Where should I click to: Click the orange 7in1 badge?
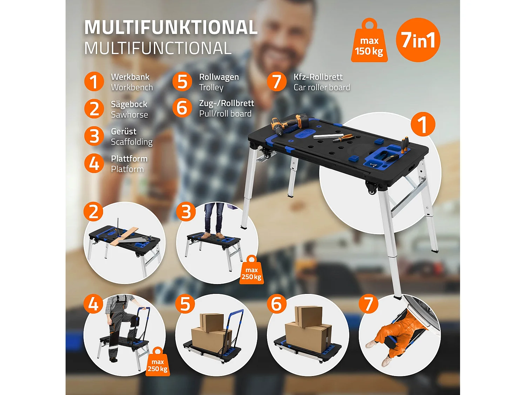click(418, 40)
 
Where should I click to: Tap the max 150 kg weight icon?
click(369, 44)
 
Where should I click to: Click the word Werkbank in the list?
click(130, 77)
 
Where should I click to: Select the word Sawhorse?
click(129, 115)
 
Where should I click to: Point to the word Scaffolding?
click(131, 142)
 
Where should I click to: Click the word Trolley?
click(211, 87)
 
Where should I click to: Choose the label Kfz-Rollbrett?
click(318, 77)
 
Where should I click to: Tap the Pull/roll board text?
click(225, 114)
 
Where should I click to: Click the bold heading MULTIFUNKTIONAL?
click(171, 27)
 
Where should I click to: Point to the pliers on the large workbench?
click(343, 138)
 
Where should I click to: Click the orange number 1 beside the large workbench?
click(423, 124)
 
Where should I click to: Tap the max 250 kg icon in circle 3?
click(251, 271)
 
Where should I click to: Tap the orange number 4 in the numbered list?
click(94, 163)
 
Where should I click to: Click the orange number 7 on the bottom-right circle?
click(368, 304)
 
